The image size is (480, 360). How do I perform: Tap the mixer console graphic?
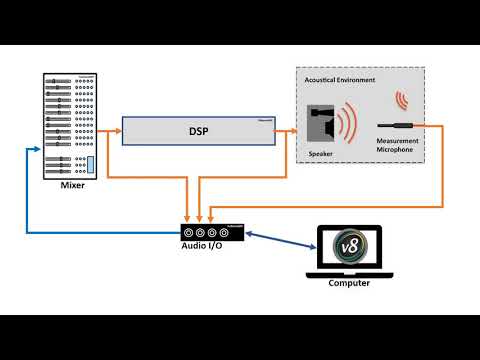click(71, 126)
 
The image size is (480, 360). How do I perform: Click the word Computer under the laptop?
click(349, 283)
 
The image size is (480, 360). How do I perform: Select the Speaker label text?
click(321, 155)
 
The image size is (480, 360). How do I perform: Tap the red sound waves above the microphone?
click(402, 100)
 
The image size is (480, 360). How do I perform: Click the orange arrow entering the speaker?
click(290, 131)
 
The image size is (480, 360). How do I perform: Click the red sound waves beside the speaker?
click(348, 126)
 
